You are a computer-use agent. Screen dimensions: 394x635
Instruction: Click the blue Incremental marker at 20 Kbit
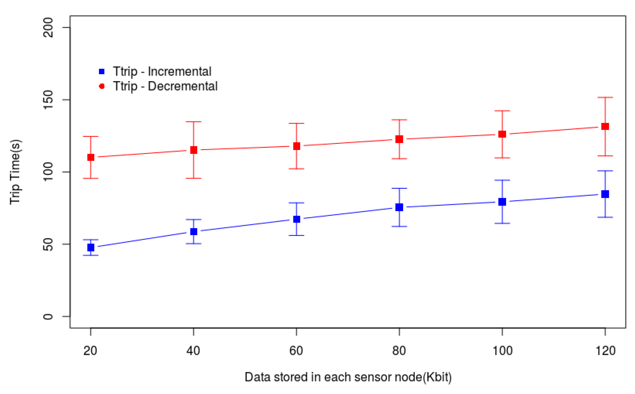[x=91, y=247]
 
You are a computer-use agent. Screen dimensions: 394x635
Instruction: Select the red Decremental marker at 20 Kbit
[x=91, y=157]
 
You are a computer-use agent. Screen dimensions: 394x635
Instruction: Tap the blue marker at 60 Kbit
[x=297, y=219]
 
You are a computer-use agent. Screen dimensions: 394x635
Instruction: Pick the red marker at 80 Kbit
[x=399, y=139]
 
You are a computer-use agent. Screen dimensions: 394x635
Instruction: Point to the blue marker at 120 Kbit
[x=605, y=194]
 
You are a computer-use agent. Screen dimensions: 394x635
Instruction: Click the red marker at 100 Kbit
[x=502, y=134]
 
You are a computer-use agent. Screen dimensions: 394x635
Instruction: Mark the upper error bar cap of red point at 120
[x=605, y=98]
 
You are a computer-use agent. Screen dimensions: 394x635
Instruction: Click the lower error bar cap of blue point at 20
[x=91, y=255]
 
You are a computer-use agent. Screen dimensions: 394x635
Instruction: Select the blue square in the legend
[x=102, y=71]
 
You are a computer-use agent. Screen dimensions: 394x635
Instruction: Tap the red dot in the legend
[x=102, y=86]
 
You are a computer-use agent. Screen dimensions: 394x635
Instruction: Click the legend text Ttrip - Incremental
[x=162, y=71]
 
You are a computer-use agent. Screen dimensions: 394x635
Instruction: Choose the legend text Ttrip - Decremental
[x=165, y=86]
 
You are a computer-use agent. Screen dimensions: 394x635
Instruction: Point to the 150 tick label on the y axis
[x=48, y=100]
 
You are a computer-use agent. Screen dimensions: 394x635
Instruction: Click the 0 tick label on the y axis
[x=48, y=317]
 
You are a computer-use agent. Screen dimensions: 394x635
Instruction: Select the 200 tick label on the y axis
[x=48, y=28]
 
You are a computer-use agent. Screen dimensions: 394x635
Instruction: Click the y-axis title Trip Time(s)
[x=16, y=172]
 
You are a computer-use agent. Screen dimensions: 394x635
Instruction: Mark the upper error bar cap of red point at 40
[x=193, y=122]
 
